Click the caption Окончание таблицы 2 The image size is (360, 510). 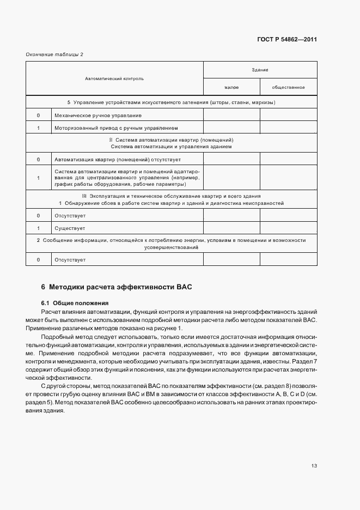tap(54, 54)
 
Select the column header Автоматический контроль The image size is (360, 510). tap(114, 78)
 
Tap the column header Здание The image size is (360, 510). tap(260, 70)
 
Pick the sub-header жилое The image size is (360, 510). tap(231, 87)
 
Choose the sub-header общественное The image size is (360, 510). tap(288, 87)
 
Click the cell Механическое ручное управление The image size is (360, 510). tap(98, 116)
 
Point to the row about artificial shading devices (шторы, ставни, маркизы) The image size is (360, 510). tap(171, 102)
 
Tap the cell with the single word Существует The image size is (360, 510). tap(69, 228)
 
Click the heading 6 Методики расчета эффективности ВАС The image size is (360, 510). tap(117, 287)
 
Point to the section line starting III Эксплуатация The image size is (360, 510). tap(171, 196)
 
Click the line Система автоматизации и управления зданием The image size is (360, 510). tap(171, 147)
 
